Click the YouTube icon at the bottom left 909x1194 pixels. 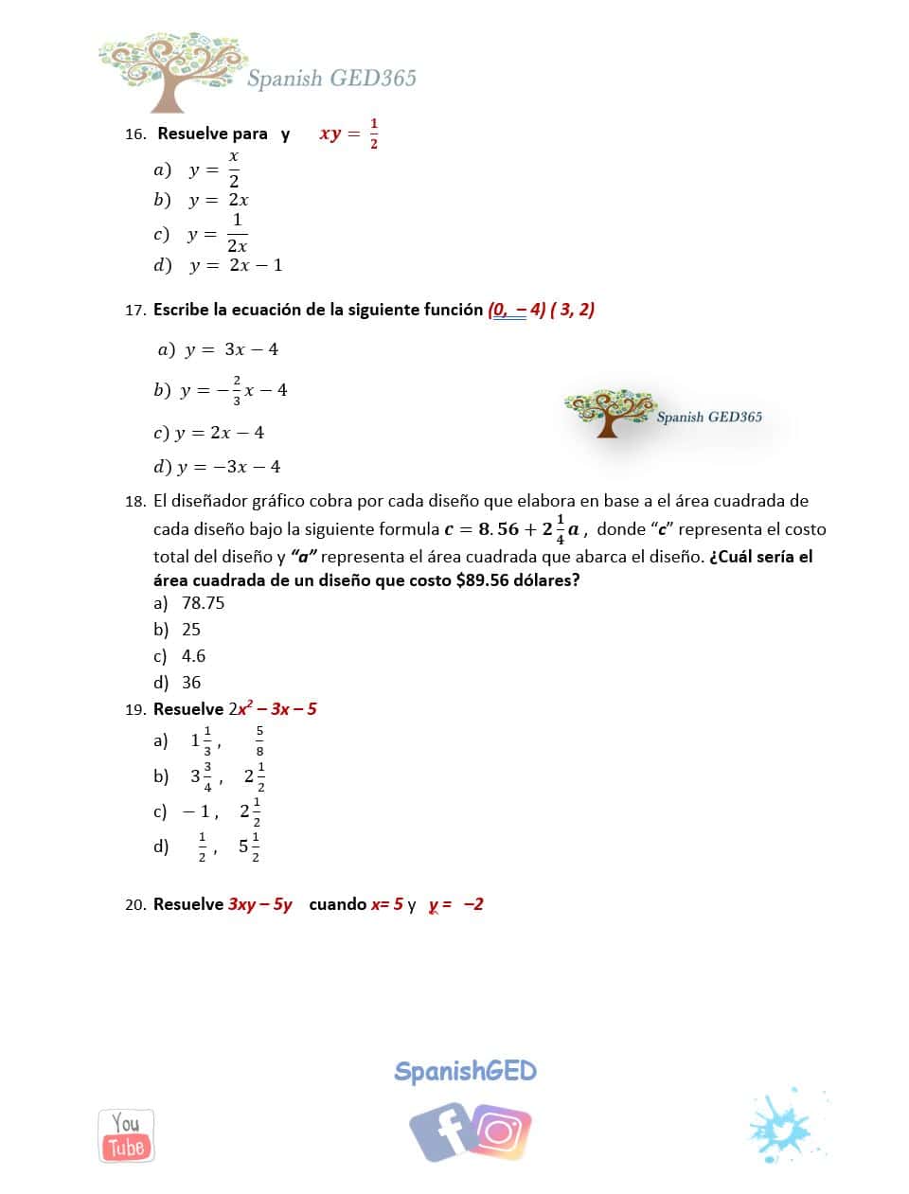click(x=126, y=1135)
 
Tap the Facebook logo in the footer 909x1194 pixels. click(x=440, y=1131)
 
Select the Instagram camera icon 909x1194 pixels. click(x=499, y=1132)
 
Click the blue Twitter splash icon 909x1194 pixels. click(x=782, y=1128)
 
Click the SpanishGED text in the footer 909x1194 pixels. click(x=465, y=1071)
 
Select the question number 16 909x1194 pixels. click(x=134, y=134)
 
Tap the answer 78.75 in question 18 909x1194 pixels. click(x=203, y=603)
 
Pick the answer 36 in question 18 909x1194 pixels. click(x=191, y=683)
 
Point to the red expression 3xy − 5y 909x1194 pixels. click(x=260, y=904)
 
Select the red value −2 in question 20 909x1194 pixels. click(x=473, y=904)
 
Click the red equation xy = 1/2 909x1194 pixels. click(x=348, y=134)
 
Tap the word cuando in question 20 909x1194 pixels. click(x=337, y=904)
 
